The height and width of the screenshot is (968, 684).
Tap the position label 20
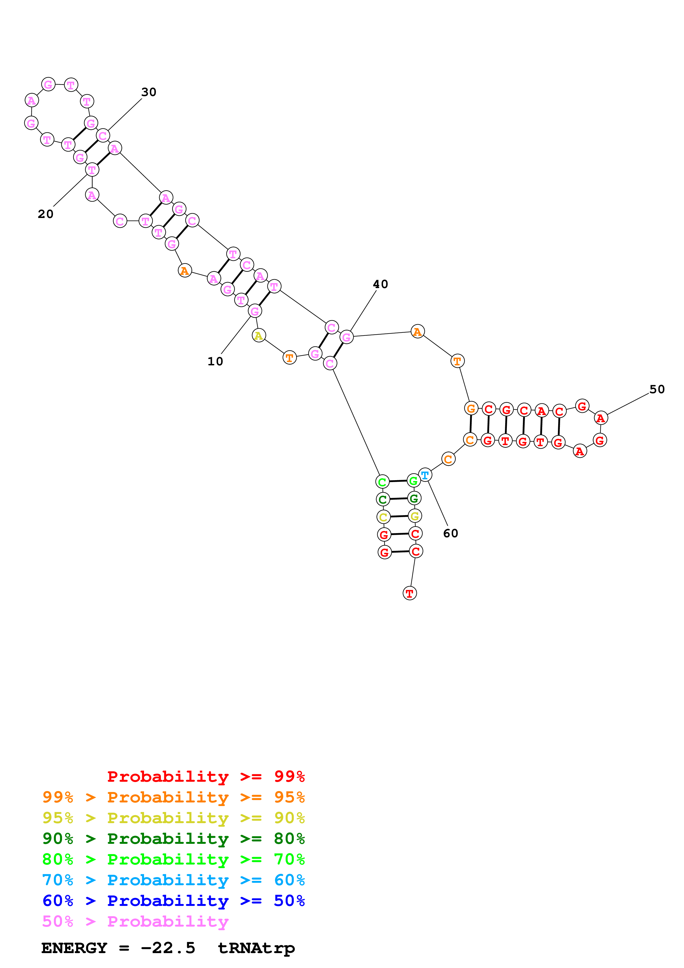pos(46,214)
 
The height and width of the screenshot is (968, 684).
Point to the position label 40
pos(380,284)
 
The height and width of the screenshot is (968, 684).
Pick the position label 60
pos(451,533)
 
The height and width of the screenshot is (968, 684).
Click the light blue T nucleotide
pos(425,475)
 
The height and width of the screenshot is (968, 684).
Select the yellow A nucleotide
pos(258,336)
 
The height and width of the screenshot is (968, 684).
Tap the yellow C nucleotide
pos(383,517)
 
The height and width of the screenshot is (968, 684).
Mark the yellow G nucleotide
pos(415,516)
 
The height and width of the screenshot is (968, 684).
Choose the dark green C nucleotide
pos(382,500)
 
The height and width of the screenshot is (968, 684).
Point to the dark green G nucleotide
pos(414,498)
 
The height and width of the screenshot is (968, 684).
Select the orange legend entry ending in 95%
pos(173,797)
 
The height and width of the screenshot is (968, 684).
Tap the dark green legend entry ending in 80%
pos(173,839)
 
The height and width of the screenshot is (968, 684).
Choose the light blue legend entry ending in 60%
pos(173,880)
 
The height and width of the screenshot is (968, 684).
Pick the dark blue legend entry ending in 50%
pos(173,901)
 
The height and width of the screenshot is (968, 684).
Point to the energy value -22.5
pos(168,948)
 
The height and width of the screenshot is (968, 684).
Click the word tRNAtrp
pos(256,948)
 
